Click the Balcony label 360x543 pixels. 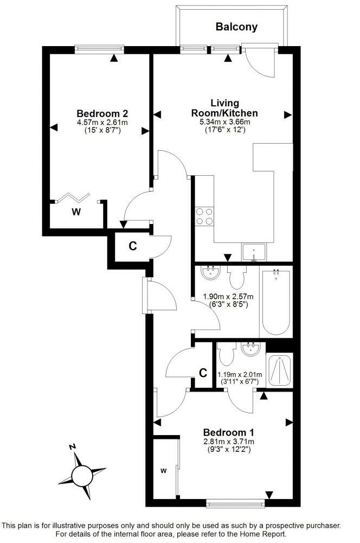click(x=236, y=27)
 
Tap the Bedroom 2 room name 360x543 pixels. click(x=102, y=113)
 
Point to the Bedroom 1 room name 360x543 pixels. click(x=228, y=432)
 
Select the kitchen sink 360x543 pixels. click(x=253, y=253)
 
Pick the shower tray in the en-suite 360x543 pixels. click(x=280, y=370)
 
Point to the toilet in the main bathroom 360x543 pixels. click(x=237, y=277)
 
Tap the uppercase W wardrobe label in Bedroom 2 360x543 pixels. click(x=75, y=212)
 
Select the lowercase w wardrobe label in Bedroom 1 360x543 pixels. click(x=163, y=470)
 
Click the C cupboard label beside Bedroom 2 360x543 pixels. click(x=132, y=246)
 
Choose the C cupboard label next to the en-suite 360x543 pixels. click(x=203, y=373)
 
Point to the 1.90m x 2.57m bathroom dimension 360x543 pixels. click(x=224, y=297)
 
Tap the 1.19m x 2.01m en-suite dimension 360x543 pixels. click(x=240, y=374)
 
